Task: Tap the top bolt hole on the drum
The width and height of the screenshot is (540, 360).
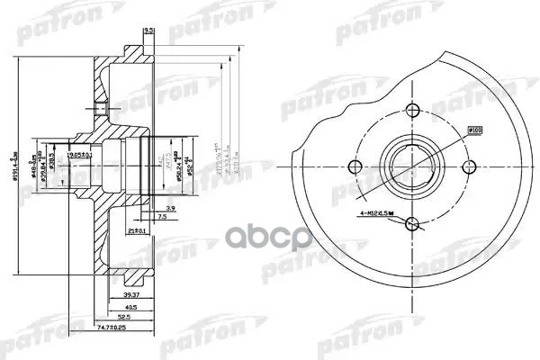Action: [413, 112]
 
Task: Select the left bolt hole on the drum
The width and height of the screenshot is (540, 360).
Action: [357, 167]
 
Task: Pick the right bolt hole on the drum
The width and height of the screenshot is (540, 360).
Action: [469, 167]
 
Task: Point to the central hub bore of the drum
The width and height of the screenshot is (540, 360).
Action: [413, 167]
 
